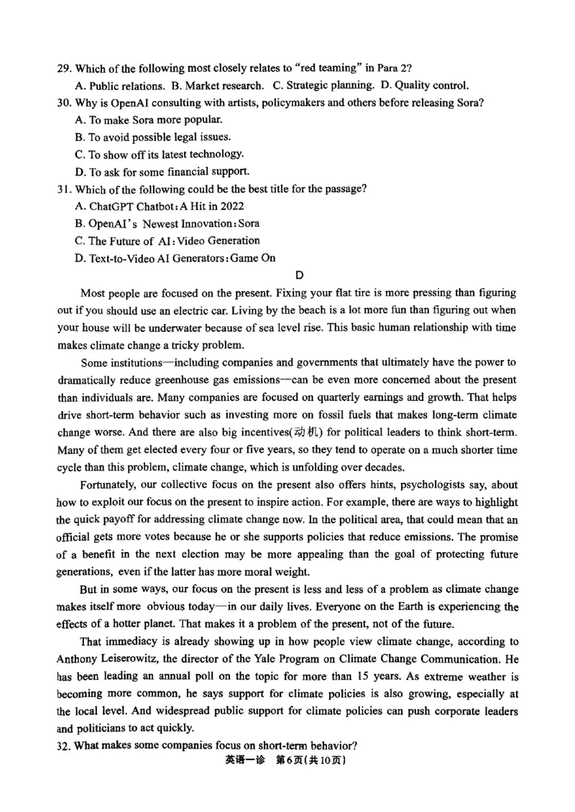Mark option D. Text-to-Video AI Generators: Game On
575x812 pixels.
[x=175, y=258]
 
